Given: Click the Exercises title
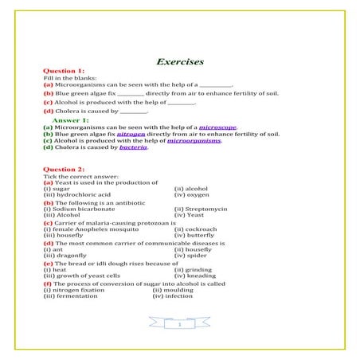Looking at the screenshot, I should (180, 61).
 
